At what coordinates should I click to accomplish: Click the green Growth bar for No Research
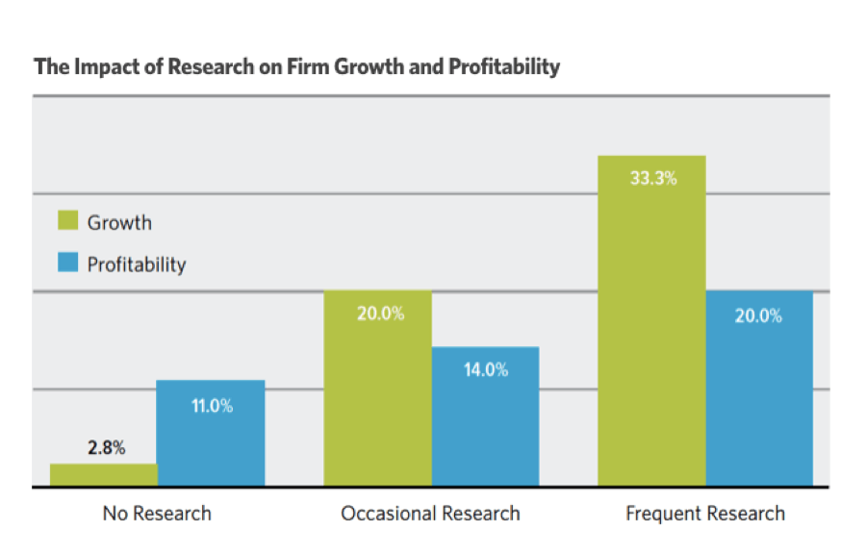[x=103, y=475]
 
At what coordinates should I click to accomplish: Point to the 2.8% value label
[x=106, y=448]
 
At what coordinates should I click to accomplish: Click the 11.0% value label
[x=212, y=406]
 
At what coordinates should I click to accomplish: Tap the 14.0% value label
[x=486, y=369]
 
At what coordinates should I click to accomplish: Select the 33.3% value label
[x=652, y=178]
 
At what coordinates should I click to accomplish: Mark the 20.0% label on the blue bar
[x=759, y=315]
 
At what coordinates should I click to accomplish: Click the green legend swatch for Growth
[x=67, y=222]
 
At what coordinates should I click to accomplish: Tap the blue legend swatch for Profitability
[x=67, y=264]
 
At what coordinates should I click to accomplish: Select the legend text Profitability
[x=137, y=265]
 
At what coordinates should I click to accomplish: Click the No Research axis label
[x=157, y=514]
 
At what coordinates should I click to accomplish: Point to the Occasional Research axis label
[x=430, y=514]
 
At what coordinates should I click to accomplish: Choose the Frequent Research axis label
[x=705, y=514]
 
